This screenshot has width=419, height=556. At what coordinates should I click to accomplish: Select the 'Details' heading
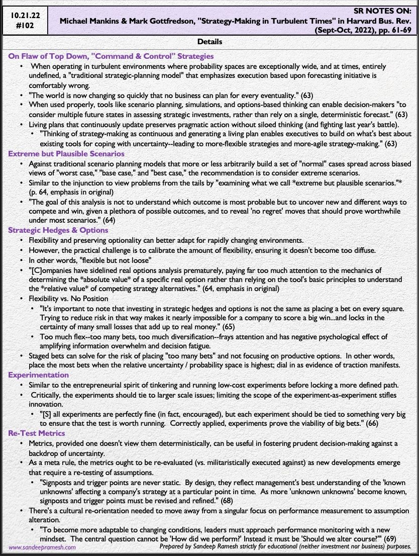pos(209,42)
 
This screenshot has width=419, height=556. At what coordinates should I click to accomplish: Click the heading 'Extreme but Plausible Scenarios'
pos(66,153)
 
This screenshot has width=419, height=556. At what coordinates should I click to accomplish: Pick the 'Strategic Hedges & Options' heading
pos(58,230)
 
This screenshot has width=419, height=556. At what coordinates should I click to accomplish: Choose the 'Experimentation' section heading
pos(39,375)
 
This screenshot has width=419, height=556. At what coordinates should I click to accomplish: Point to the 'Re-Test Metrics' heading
pos(37,432)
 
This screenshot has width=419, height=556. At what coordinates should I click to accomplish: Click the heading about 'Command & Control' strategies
pos(111,56)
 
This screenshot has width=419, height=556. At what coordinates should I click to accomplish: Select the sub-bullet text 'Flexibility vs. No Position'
pos(69,299)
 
